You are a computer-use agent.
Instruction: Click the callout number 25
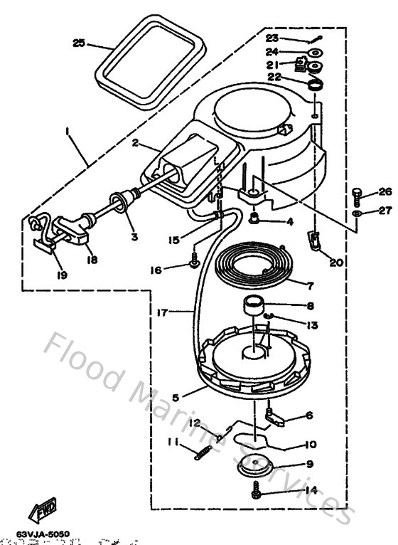click(x=79, y=43)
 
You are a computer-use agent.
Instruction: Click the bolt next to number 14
click(x=254, y=490)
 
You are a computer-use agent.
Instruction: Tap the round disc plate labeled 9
click(x=252, y=465)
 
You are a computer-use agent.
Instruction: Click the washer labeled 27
click(x=357, y=213)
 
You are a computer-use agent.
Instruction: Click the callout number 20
click(x=336, y=263)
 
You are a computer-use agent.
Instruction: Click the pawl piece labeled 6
click(x=278, y=417)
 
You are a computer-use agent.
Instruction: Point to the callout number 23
click(x=272, y=38)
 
